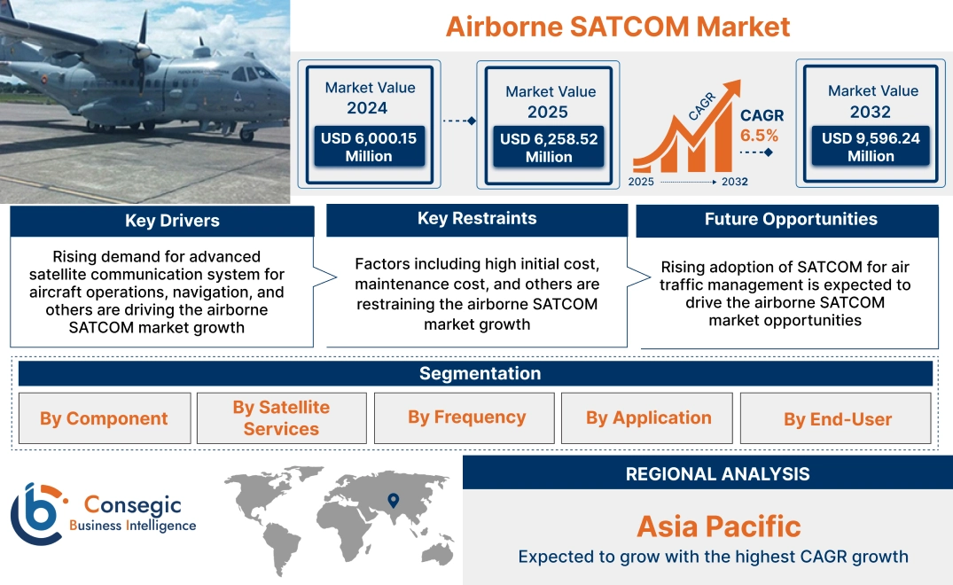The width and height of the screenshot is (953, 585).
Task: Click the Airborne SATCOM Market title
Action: click(x=617, y=27)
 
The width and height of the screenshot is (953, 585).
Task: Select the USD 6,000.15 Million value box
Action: click(x=369, y=147)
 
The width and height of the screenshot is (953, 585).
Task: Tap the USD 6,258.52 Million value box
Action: click(x=549, y=148)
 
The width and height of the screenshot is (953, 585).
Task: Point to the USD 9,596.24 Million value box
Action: click(x=871, y=147)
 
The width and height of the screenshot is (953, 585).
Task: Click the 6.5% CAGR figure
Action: click(x=759, y=136)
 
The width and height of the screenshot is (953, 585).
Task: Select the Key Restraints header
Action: click(x=477, y=219)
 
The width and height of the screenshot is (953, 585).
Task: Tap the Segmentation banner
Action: click(x=480, y=373)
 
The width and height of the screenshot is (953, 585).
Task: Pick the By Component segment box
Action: click(x=104, y=418)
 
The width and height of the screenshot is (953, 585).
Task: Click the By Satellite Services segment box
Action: click(x=281, y=418)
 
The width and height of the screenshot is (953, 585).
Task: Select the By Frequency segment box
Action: click(x=466, y=417)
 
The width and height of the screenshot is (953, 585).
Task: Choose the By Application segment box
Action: click(x=648, y=418)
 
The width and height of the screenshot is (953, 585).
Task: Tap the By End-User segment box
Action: click(x=837, y=419)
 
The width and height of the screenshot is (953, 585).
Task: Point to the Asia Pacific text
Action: click(x=718, y=526)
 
